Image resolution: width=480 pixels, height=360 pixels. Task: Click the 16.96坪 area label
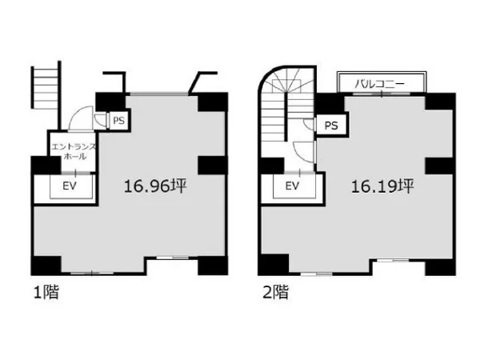[x=155, y=186]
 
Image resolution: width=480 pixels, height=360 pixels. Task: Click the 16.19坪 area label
[x=382, y=186]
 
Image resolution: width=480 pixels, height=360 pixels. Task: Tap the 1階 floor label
[x=46, y=292]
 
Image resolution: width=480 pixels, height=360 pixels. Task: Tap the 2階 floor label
[x=275, y=292]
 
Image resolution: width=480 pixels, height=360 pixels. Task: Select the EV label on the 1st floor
[x=69, y=186]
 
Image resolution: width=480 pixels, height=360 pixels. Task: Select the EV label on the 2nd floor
[x=292, y=186]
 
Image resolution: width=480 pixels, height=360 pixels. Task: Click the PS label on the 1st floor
[x=118, y=121]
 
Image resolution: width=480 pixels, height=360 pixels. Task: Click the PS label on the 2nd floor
[x=331, y=126]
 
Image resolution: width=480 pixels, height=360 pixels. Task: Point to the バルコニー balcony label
[x=379, y=83]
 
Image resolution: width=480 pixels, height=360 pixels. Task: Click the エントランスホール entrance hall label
[x=74, y=151]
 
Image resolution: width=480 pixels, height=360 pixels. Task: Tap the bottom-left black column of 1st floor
[x=46, y=266]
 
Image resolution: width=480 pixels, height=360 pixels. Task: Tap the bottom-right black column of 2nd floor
[x=440, y=268]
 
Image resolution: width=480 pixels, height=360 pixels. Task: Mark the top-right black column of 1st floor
[x=213, y=102]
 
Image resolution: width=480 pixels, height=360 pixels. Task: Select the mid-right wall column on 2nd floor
[x=440, y=166]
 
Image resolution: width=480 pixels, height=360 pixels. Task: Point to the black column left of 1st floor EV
[x=46, y=166]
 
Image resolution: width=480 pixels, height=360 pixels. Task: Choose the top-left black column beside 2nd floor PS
[x=330, y=102]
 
